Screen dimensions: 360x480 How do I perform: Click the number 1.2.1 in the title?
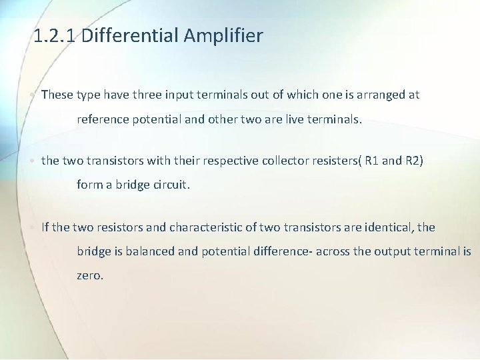click(56, 35)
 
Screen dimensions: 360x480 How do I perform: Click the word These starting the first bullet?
click(57, 95)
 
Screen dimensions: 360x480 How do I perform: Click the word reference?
click(104, 120)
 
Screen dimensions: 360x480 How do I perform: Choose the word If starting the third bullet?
click(45, 227)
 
